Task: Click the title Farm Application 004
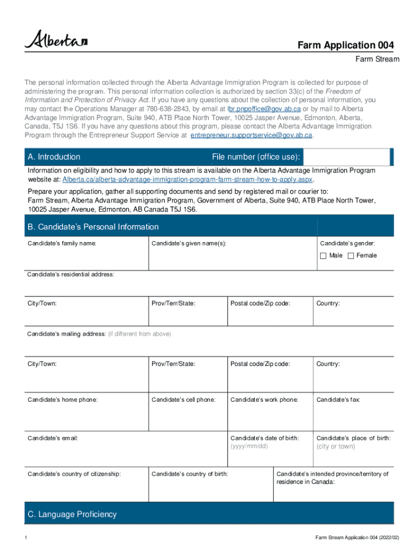(x=345, y=45)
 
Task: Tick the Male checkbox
(x=324, y=255)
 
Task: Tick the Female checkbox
(x=351, y=255)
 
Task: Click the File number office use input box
(x=346, y=157)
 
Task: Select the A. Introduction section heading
(x=54, y=157)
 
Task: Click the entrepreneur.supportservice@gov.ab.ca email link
(x=251, y=135)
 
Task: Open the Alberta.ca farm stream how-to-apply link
(x=188, y=179)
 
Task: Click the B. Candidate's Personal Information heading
(x=93, y=227)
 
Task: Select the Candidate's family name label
(x=62, y=243)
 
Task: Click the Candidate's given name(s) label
(x=188, y=243)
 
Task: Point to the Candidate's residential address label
(x=71, y=274)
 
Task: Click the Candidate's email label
(x=53, y=438)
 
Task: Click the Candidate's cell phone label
(x=183, y=400)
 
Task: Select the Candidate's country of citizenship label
(x=74, y=474)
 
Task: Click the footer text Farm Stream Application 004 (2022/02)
(x=357, y=538)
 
